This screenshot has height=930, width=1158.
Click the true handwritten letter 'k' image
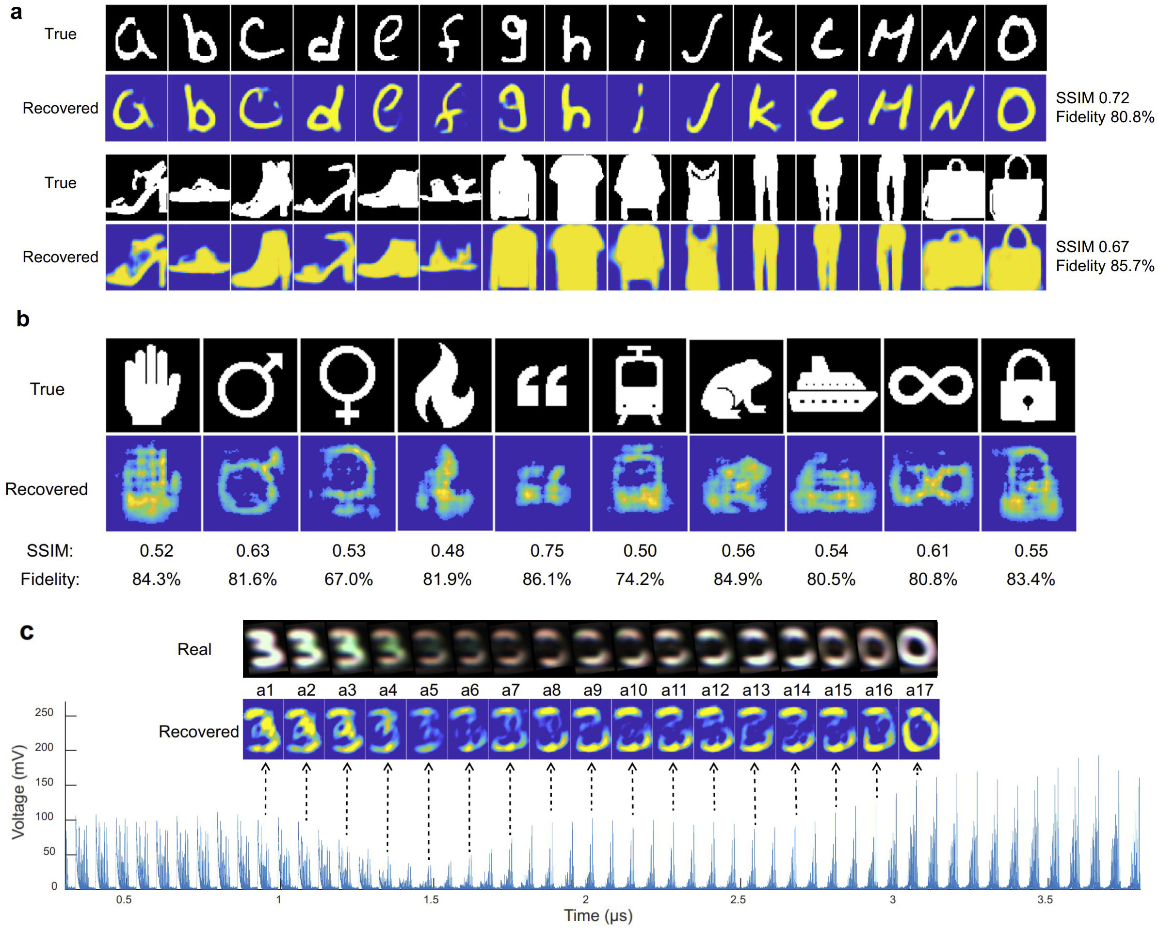tap(764, 38)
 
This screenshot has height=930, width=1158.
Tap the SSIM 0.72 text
tap(1092, 98)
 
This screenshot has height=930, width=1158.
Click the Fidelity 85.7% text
tap(1104, 266)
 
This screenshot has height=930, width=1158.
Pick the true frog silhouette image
tap(736, 385)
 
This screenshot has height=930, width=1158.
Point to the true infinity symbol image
tap(930, 385)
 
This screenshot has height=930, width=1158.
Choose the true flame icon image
tap(444, 385)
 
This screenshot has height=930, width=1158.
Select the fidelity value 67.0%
tap(349, 579)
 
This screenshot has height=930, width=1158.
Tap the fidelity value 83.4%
tap(1030, 579)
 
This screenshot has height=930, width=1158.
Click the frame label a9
tap(593, 690)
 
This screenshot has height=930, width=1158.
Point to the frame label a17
tap(919, 690)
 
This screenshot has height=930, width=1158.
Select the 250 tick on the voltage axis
tap(44, 713)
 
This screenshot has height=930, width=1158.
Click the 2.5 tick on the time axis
tap(738, 899)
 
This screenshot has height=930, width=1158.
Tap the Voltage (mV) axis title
tap(19, 791)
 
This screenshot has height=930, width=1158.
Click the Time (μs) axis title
tap(598, 915)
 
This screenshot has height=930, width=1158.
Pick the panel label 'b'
tap(23, 319)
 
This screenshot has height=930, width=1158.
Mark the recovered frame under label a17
tap(919, 729)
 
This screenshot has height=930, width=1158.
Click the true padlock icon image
tap(1028, 385)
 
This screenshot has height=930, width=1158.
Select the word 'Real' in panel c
tap(194, 649)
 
